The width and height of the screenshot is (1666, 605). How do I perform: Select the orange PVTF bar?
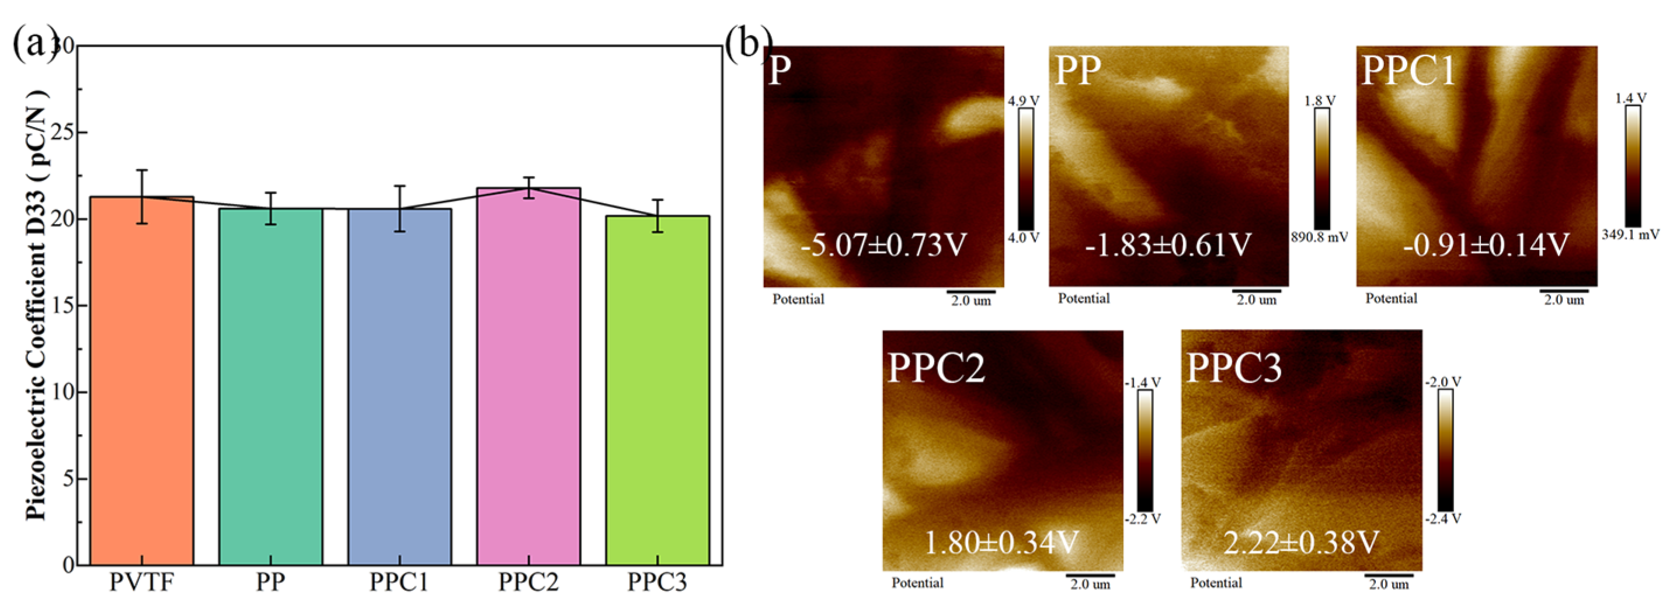tap(142, 382)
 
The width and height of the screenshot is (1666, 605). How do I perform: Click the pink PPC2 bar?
tap(528, 377)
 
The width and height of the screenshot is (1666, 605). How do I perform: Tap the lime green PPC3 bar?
tap(657, 390)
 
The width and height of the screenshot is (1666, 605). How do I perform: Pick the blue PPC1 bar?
tap(399, 387)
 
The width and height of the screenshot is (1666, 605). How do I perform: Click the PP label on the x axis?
tap(270, 582)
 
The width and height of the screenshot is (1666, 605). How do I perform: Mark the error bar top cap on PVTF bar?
tap(142, 170)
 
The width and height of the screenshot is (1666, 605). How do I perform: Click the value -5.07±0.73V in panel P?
tap(884, 245)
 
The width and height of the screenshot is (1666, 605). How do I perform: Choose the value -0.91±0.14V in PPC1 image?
tap(1486, 245)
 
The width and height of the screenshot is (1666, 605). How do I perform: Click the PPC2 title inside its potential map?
tap(936, 369)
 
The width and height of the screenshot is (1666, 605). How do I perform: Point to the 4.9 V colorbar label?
tap(1023, 100)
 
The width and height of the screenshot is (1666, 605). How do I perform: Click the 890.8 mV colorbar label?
tap(1319, 237)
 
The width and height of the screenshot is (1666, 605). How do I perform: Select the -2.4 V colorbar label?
tap(1443, 519)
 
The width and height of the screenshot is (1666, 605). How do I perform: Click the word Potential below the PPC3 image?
tap(1216, 582)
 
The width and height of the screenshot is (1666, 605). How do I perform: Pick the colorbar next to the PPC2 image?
tap(1145, 450)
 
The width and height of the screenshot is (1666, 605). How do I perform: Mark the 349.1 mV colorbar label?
tap(1630, 234)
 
